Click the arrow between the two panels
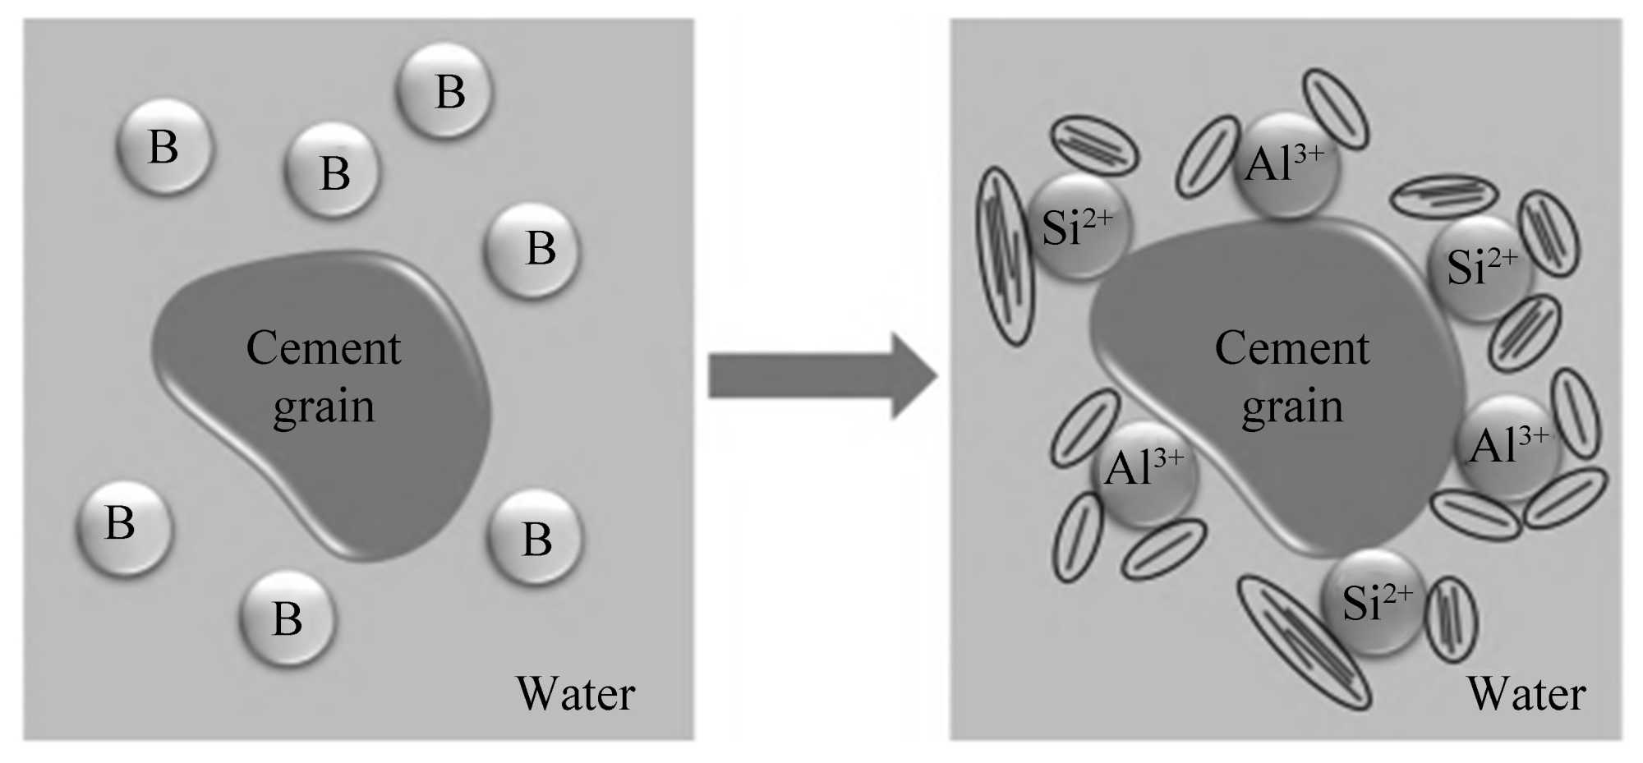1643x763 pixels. tap(821, 376)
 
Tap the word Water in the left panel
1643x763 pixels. tap(575, 694)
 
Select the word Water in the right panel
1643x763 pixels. tap(1526, 694)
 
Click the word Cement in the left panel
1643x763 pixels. tap(324, 348)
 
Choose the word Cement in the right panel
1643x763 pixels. tap(1292, 348)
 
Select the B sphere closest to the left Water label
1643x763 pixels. tap(536, 538)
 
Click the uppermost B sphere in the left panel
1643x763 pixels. tap(444, 90)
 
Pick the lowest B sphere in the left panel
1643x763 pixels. tap(288, 618)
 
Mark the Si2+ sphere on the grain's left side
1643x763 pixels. tap(1078, 226)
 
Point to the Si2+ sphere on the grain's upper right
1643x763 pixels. tap(1481, 267)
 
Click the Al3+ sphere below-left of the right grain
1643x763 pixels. tap(1144, 472)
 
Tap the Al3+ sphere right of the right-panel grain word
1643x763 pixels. tap(1507, 447)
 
